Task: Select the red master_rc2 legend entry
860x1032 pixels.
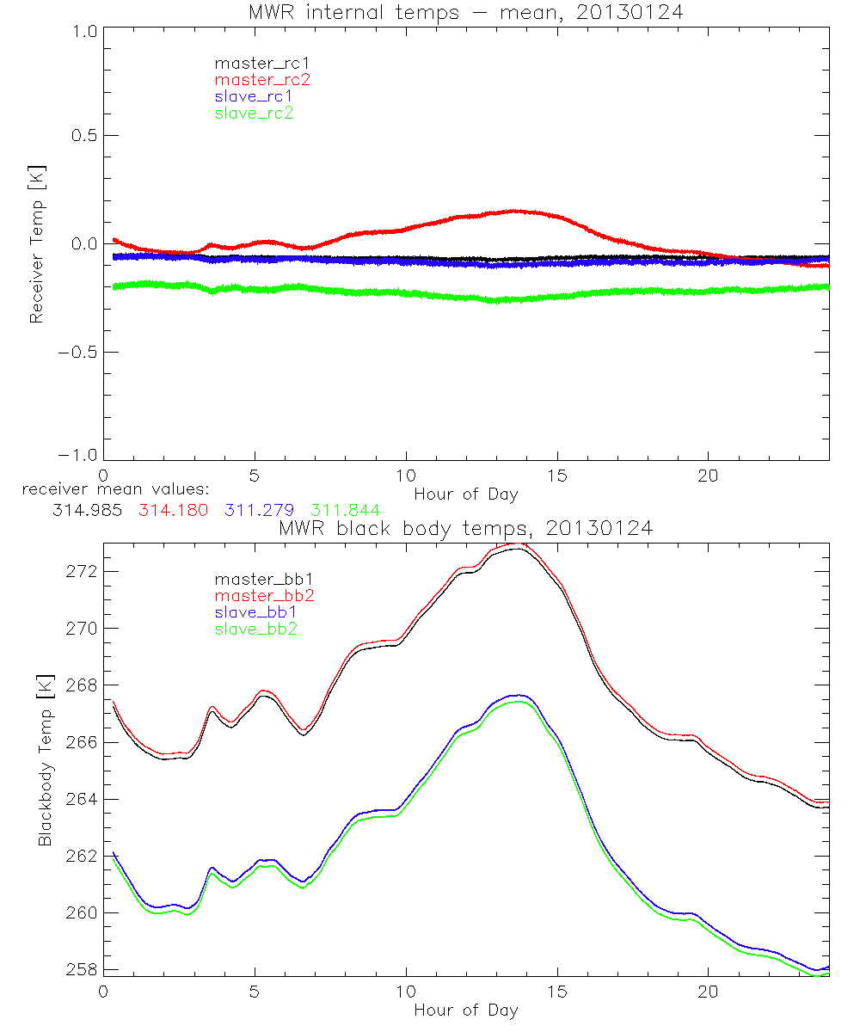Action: point(262,79)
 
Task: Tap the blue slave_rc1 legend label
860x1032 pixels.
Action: point(254,95)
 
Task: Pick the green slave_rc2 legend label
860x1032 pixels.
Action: point(254,112)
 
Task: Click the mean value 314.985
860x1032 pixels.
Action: point(84,510)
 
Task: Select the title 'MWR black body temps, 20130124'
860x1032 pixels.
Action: point(465,529)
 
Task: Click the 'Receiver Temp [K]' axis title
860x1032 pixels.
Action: point(36,243)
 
